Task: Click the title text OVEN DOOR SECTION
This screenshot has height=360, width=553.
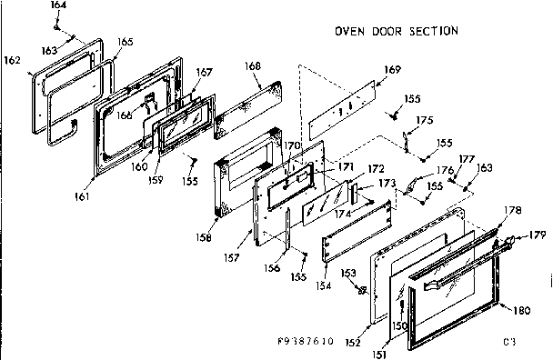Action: (396, 31)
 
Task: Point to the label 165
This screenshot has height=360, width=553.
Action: (125, 42)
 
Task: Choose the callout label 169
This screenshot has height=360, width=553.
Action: (391, 70)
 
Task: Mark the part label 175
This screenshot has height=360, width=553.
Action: (424, 120)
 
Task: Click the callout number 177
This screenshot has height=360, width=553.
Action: (467, 157)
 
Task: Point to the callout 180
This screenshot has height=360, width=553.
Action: (520, 310)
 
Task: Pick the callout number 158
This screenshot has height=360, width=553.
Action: (204, 238)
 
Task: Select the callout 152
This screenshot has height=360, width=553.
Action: (354, 342)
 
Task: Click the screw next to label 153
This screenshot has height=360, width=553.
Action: (361, 290)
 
